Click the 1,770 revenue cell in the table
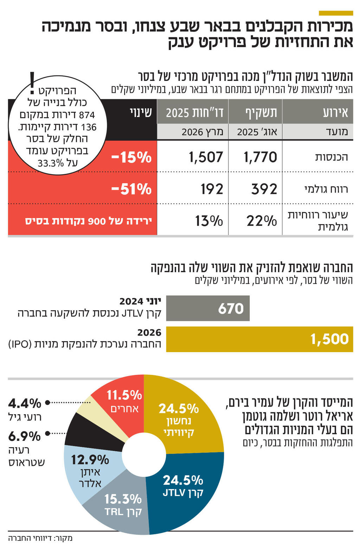click(x=260, y=157)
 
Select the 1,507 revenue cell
click(x=206, y=157)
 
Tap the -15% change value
click(x=131, y=157)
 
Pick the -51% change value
click(x=131, y=189)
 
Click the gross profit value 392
click(x=264, y=189)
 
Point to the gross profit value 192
click(x=212, y=189)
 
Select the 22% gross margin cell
click(x=262, y=221)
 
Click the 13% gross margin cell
click(x=209, y=221)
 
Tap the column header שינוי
click(x=141, y=112)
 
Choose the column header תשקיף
click(x=261, y=112)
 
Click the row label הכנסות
click(x=331, y=157)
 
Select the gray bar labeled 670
click(x=208, y=308)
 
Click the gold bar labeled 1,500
click(x=259, y=339)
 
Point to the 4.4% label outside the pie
click(x=25, y=403)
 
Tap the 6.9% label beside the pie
click(x=25, y=436)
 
